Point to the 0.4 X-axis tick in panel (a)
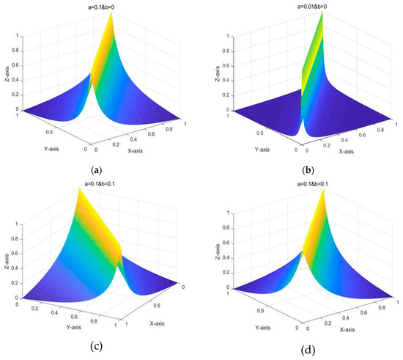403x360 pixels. (x=127, y=145)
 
